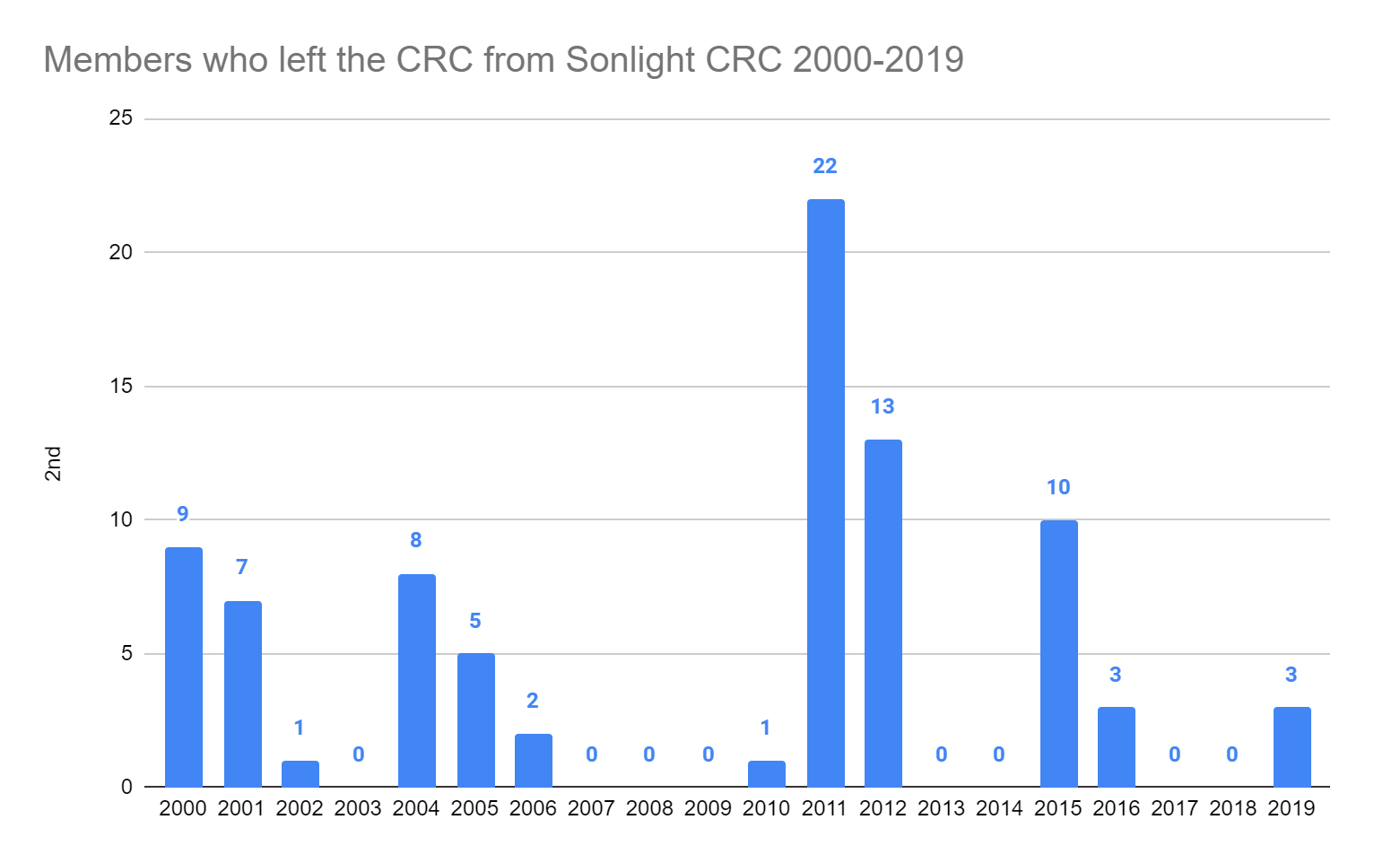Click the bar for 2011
(825, 493)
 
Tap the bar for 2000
(183, 667)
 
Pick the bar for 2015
(1058, 654)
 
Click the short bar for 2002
(300, 774)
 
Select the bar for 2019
(1291, 747)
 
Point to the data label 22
(825, 166)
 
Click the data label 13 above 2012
(883, 406)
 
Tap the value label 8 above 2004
(416, 540)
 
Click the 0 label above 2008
(649, 754)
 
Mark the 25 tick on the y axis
(120, 118)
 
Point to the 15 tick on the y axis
(120, 386)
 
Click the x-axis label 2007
(591, 808)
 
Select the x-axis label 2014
(999, 808)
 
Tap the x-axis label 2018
(1232, 808)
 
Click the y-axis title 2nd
(54, 464)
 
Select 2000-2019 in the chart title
(878, 60)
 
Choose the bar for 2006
(533, 761)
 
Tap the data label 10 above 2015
(1058, 487)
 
